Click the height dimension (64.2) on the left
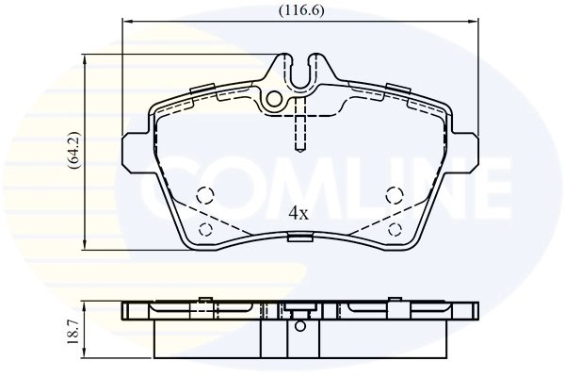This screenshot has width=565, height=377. [73, 152]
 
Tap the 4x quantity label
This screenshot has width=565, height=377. [298, 213]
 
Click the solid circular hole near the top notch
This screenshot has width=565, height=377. [274, 98]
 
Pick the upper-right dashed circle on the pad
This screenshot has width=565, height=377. [395, 195]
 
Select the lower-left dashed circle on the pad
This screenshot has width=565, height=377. [204, 231]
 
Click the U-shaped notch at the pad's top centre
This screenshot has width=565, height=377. [300, 74]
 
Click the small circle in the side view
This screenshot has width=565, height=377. [300, 326]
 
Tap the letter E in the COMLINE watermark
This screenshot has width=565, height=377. [485, 185]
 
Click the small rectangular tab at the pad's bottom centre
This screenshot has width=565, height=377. [299, 238]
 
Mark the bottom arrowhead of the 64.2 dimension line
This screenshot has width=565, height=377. [87, 246]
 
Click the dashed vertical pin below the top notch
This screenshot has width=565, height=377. [299, 127]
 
